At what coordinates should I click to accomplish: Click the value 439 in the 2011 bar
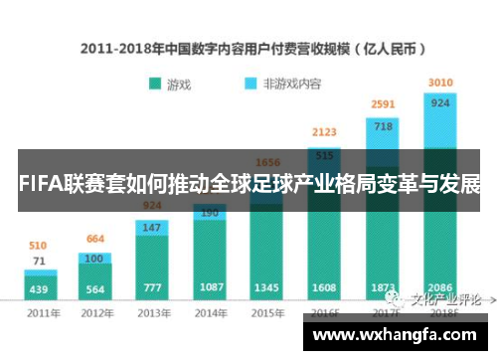[39, 290]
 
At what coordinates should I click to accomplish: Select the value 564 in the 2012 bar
[95, 290]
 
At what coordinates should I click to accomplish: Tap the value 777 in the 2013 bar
[152, 288]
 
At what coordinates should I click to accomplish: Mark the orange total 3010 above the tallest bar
[439, 82]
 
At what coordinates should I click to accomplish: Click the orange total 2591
[383, 104]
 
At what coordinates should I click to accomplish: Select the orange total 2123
[324, 131]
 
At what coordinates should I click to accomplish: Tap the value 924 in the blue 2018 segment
[439, 101]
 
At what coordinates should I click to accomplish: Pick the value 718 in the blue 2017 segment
[383, 126]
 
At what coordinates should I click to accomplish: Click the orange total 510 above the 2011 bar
[38, 245]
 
